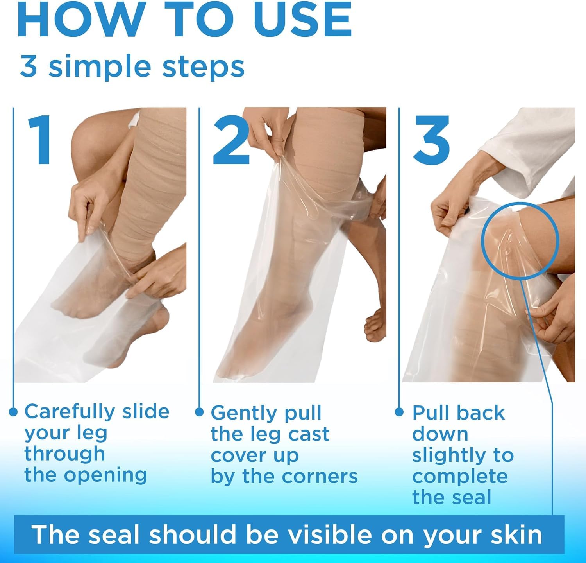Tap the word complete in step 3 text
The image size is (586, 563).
(x=460, y=477)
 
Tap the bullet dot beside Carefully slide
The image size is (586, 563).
(x=13, y=412)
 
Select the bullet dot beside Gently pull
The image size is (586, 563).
(x=199, y=412)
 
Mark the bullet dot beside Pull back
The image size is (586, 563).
(x=399, y=412)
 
